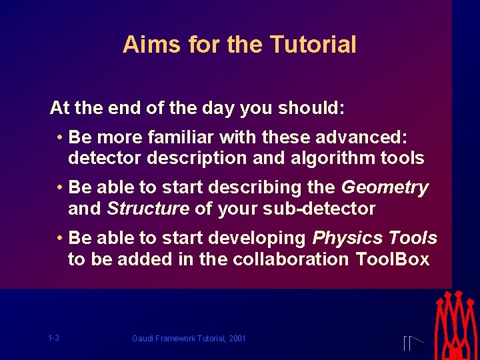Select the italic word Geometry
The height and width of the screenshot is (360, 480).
385,188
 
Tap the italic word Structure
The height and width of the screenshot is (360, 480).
148,209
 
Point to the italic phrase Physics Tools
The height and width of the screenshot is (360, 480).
375,238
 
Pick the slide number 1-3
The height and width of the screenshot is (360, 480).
53,338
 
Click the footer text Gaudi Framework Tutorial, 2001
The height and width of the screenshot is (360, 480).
189,339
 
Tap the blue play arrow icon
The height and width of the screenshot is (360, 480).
414,344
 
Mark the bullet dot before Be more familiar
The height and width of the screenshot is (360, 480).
60,138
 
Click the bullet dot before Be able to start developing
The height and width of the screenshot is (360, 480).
60,239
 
